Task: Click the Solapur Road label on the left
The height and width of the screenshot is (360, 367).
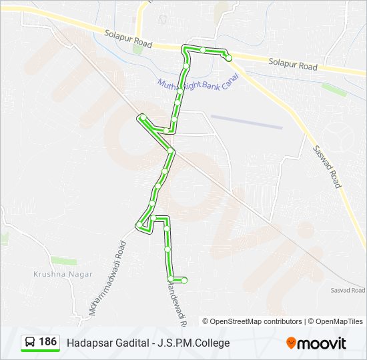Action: [x=129, y=39]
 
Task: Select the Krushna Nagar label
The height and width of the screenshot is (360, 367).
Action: [x=55, y=273]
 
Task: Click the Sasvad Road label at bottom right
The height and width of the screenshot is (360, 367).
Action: [x=348, y=290]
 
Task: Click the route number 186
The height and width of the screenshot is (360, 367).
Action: [x=47, y=341]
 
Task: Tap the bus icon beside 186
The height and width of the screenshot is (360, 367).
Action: [x=30, y=342]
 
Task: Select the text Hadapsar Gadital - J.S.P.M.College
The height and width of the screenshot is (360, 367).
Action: [x=147, y=343]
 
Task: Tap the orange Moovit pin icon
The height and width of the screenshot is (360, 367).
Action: [x=292, y=343]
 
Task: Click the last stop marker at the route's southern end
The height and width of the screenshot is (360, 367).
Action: [x=184, y=280]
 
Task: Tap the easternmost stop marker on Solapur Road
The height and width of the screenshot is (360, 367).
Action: [x=229, y=59]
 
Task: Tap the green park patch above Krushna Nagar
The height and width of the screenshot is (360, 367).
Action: [x=63, y=261]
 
